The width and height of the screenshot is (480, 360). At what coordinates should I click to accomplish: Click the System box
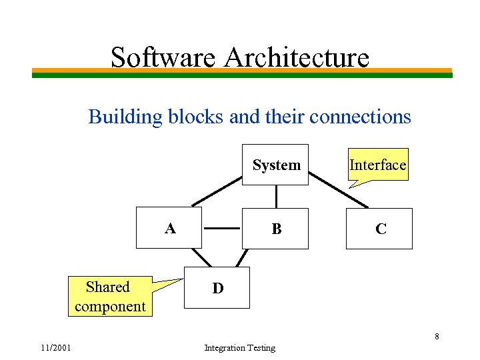pyautogui.click(x=276, y=165)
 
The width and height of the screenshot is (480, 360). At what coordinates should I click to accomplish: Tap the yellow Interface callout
pyautogui.click(x=377, y=165)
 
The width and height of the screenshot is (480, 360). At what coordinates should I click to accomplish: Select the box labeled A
pyautogui.click(x=169, y=228)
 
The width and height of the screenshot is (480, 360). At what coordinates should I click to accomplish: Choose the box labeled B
pyautogui.click(x=276, y=229)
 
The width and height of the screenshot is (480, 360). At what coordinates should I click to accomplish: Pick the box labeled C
pyautogui.click(x=379, y=229)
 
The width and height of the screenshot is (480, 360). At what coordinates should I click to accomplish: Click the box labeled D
pyautogui.click(x=217, y=288)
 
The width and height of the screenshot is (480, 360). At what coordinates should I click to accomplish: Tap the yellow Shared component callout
pyautogui.click(x=110, y=297)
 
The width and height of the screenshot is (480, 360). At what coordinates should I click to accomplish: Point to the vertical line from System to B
pyautogui.click(x=276, y=196)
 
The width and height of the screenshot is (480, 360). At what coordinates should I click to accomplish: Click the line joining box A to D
pyautogui.click(x=197, y=257)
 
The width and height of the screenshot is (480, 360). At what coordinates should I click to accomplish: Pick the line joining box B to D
pyautogui.click(x=243, y=257)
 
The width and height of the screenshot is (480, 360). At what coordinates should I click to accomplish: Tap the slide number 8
pyautogui.click(x=437, y=336)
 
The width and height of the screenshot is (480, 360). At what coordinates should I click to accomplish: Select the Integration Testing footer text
pyautogui.click(x=239, y=348)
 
